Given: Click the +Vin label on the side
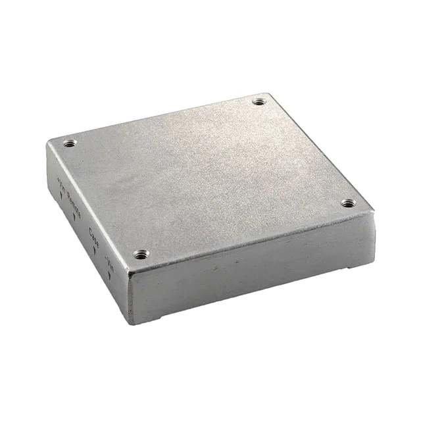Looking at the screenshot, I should [x=60, y=179].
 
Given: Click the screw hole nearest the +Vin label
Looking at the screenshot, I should [x=68, y=143].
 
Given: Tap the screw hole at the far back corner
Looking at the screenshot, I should [x=259, y=102].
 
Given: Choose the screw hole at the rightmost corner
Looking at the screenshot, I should [x=348, y=203].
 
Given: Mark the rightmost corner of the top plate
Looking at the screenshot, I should [x=373, y=210].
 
